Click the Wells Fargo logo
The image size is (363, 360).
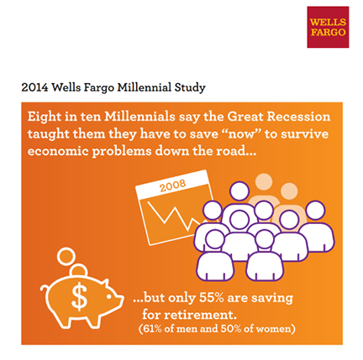pyautogui.click(x=328, y=27)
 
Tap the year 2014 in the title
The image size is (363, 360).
pyautogui.click(x=34, y=87)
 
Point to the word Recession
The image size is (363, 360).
pyautogui.click(x=298, y=117)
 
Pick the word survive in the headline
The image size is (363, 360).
pyautogui.click(x=305, y=134)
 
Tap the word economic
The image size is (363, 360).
pyautogui.click(x=58, y=151)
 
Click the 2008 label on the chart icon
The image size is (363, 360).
pyautogui.click(x=172, y=185)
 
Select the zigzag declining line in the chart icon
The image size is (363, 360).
pyautogui.click(x=175, y=216)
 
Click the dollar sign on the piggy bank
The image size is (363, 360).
pyautogui.click(x=79, y=296)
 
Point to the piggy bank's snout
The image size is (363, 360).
pyautogui.click(x=119, y=300)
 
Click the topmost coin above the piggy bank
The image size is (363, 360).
pyautogui.click(x=66, y=256)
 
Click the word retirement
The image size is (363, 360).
pyautogui.click(x=199, y=315)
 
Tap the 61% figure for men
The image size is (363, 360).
pyautogui.click(x=152, y=329)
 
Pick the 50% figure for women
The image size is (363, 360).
pyautogui.click(x=231, y=329)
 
